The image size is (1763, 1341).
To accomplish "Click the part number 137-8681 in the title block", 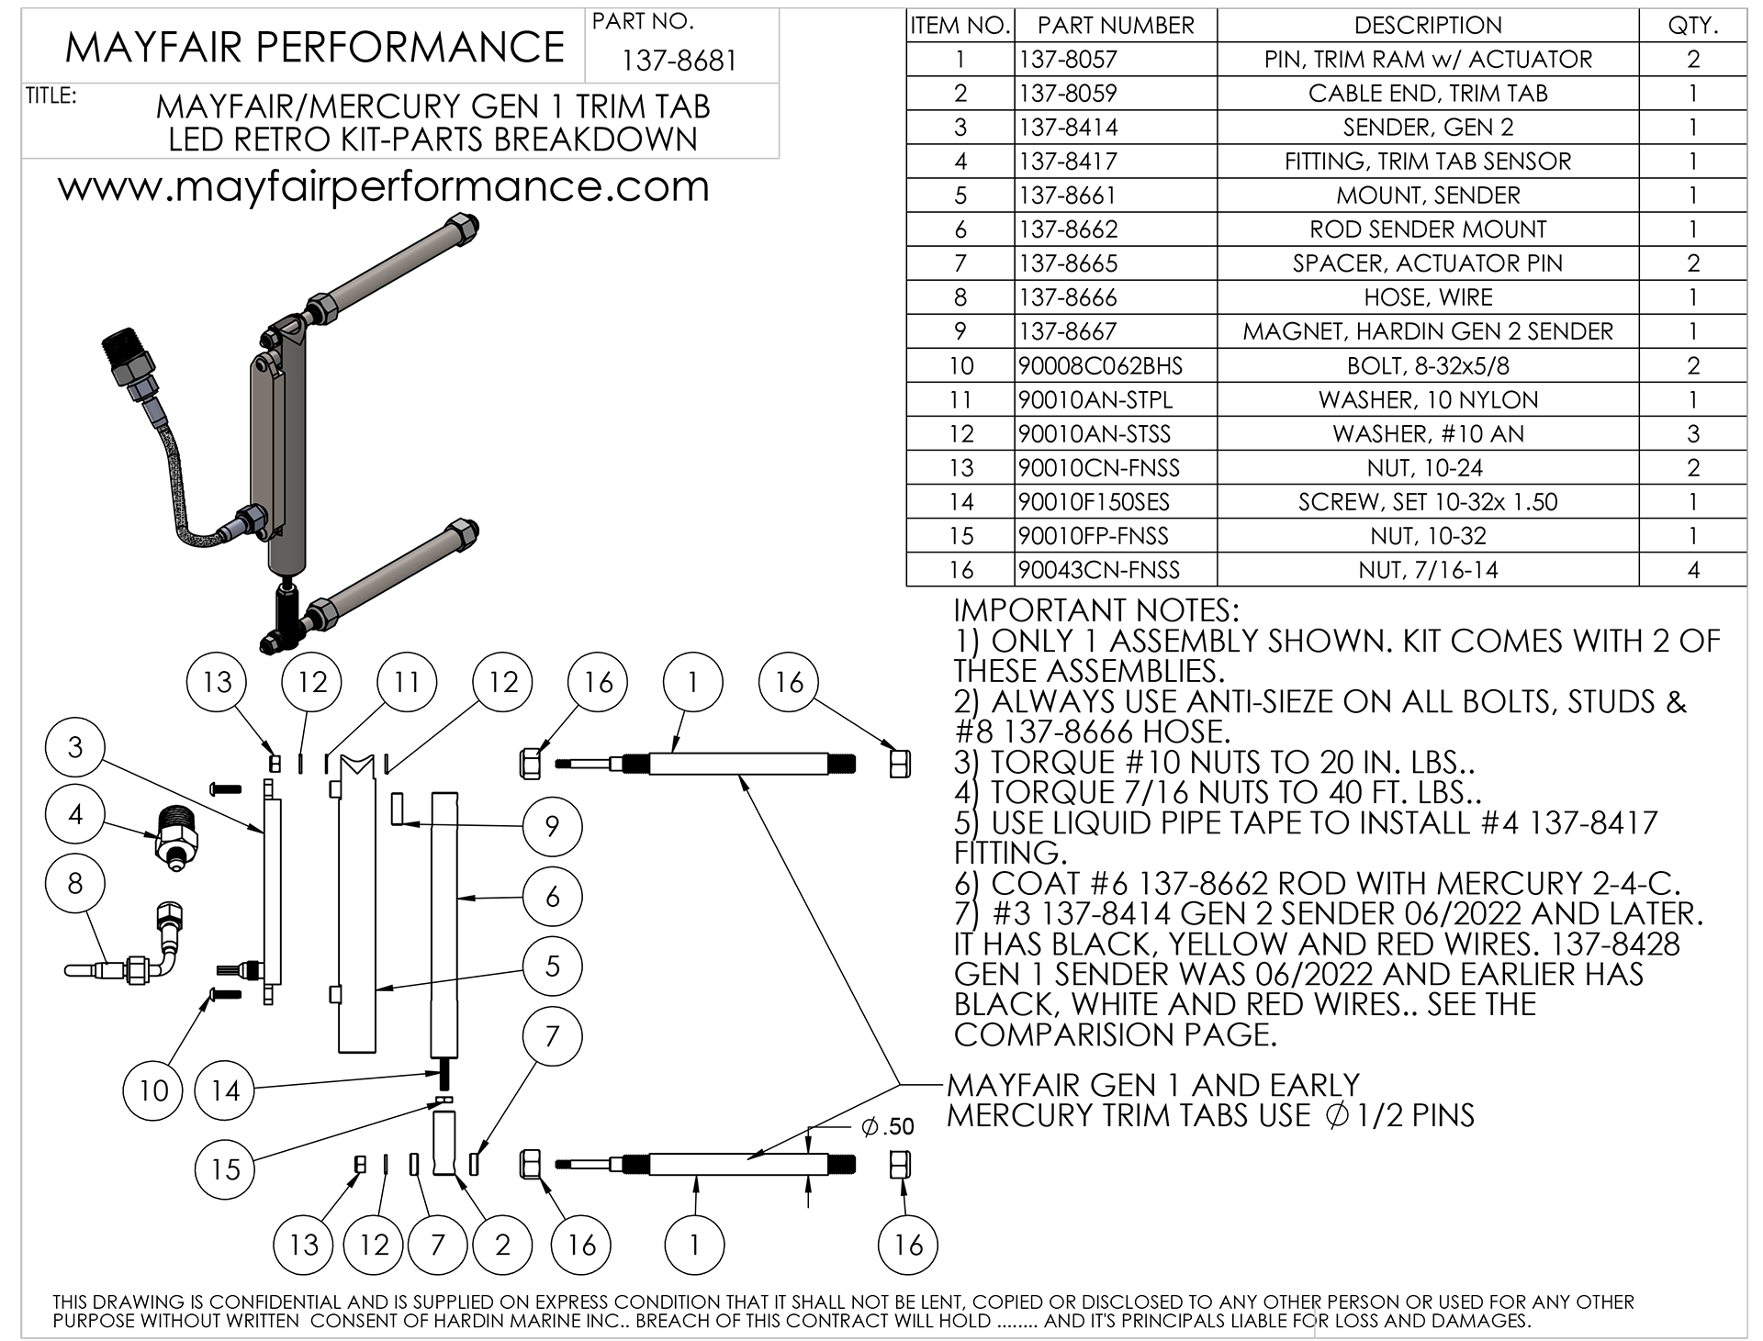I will click(679, 61).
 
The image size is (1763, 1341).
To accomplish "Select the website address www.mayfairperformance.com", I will click(384, 187).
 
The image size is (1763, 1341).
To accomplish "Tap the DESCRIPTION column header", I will click(1428, 26).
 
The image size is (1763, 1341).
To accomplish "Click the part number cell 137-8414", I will click(1069, 128).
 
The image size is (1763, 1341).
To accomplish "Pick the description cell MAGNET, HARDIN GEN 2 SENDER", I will click(1428, 331).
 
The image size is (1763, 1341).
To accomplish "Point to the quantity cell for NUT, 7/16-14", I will click(1692, 570).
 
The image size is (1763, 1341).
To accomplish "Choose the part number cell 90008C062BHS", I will click(1100, 366).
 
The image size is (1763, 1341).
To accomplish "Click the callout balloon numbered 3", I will click(75, 747).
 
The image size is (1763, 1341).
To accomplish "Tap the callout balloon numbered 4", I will click(75, 814).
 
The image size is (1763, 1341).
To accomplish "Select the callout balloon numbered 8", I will click(75, 883).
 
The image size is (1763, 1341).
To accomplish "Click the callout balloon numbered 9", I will click(552, 826).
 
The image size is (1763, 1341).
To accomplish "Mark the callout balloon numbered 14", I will click(225, 1090).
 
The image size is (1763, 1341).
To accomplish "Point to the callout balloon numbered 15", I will click(225, 1168).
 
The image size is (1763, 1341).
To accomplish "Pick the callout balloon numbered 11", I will click(407, 682).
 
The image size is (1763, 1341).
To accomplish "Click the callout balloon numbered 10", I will click(153, 1090).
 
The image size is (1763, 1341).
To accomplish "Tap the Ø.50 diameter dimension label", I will click(887, 1127).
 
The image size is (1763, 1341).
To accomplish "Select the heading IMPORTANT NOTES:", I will click(1095, 610).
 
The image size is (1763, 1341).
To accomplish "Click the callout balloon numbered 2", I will click(502, 1245).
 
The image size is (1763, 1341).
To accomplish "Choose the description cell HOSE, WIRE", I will click(1428, 297).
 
